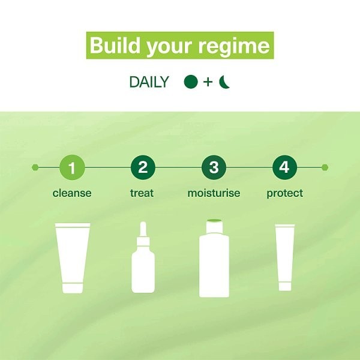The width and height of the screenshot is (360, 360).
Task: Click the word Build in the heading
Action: click(x=115, y=46)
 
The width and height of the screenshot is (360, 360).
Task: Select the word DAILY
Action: click(x=149, y=82)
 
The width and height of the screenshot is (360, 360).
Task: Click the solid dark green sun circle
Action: click(x=191, y=82)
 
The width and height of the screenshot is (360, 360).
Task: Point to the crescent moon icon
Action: click(x=223, y=82)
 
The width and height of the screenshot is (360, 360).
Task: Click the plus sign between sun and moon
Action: click(x=208, y=82)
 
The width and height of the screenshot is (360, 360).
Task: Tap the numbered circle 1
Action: click(x=72, y=167)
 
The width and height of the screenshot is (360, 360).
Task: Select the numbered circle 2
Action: click(x=143, y=167)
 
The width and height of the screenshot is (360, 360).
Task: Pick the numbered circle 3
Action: click(x=214, y=167)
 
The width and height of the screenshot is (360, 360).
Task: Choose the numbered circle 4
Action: click(x=284, y=167)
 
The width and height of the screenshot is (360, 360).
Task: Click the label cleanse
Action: click(x=72, y=193)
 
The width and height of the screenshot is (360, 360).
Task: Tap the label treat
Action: click(x=142, y=193)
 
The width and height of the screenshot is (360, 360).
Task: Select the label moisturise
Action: click(x=214, y=193)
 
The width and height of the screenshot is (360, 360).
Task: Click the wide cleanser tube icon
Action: click(x=73, y=258)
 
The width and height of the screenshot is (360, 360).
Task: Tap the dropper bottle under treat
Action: click(x=143, y=257)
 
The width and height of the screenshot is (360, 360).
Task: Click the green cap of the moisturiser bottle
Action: click(x=214, y=221)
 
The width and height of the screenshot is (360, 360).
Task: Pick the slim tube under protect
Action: click(x=285, y=257)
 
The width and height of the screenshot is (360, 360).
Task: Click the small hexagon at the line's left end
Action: click(x=35, y=167)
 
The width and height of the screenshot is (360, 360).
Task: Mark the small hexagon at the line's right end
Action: click(x=325, y=167)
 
